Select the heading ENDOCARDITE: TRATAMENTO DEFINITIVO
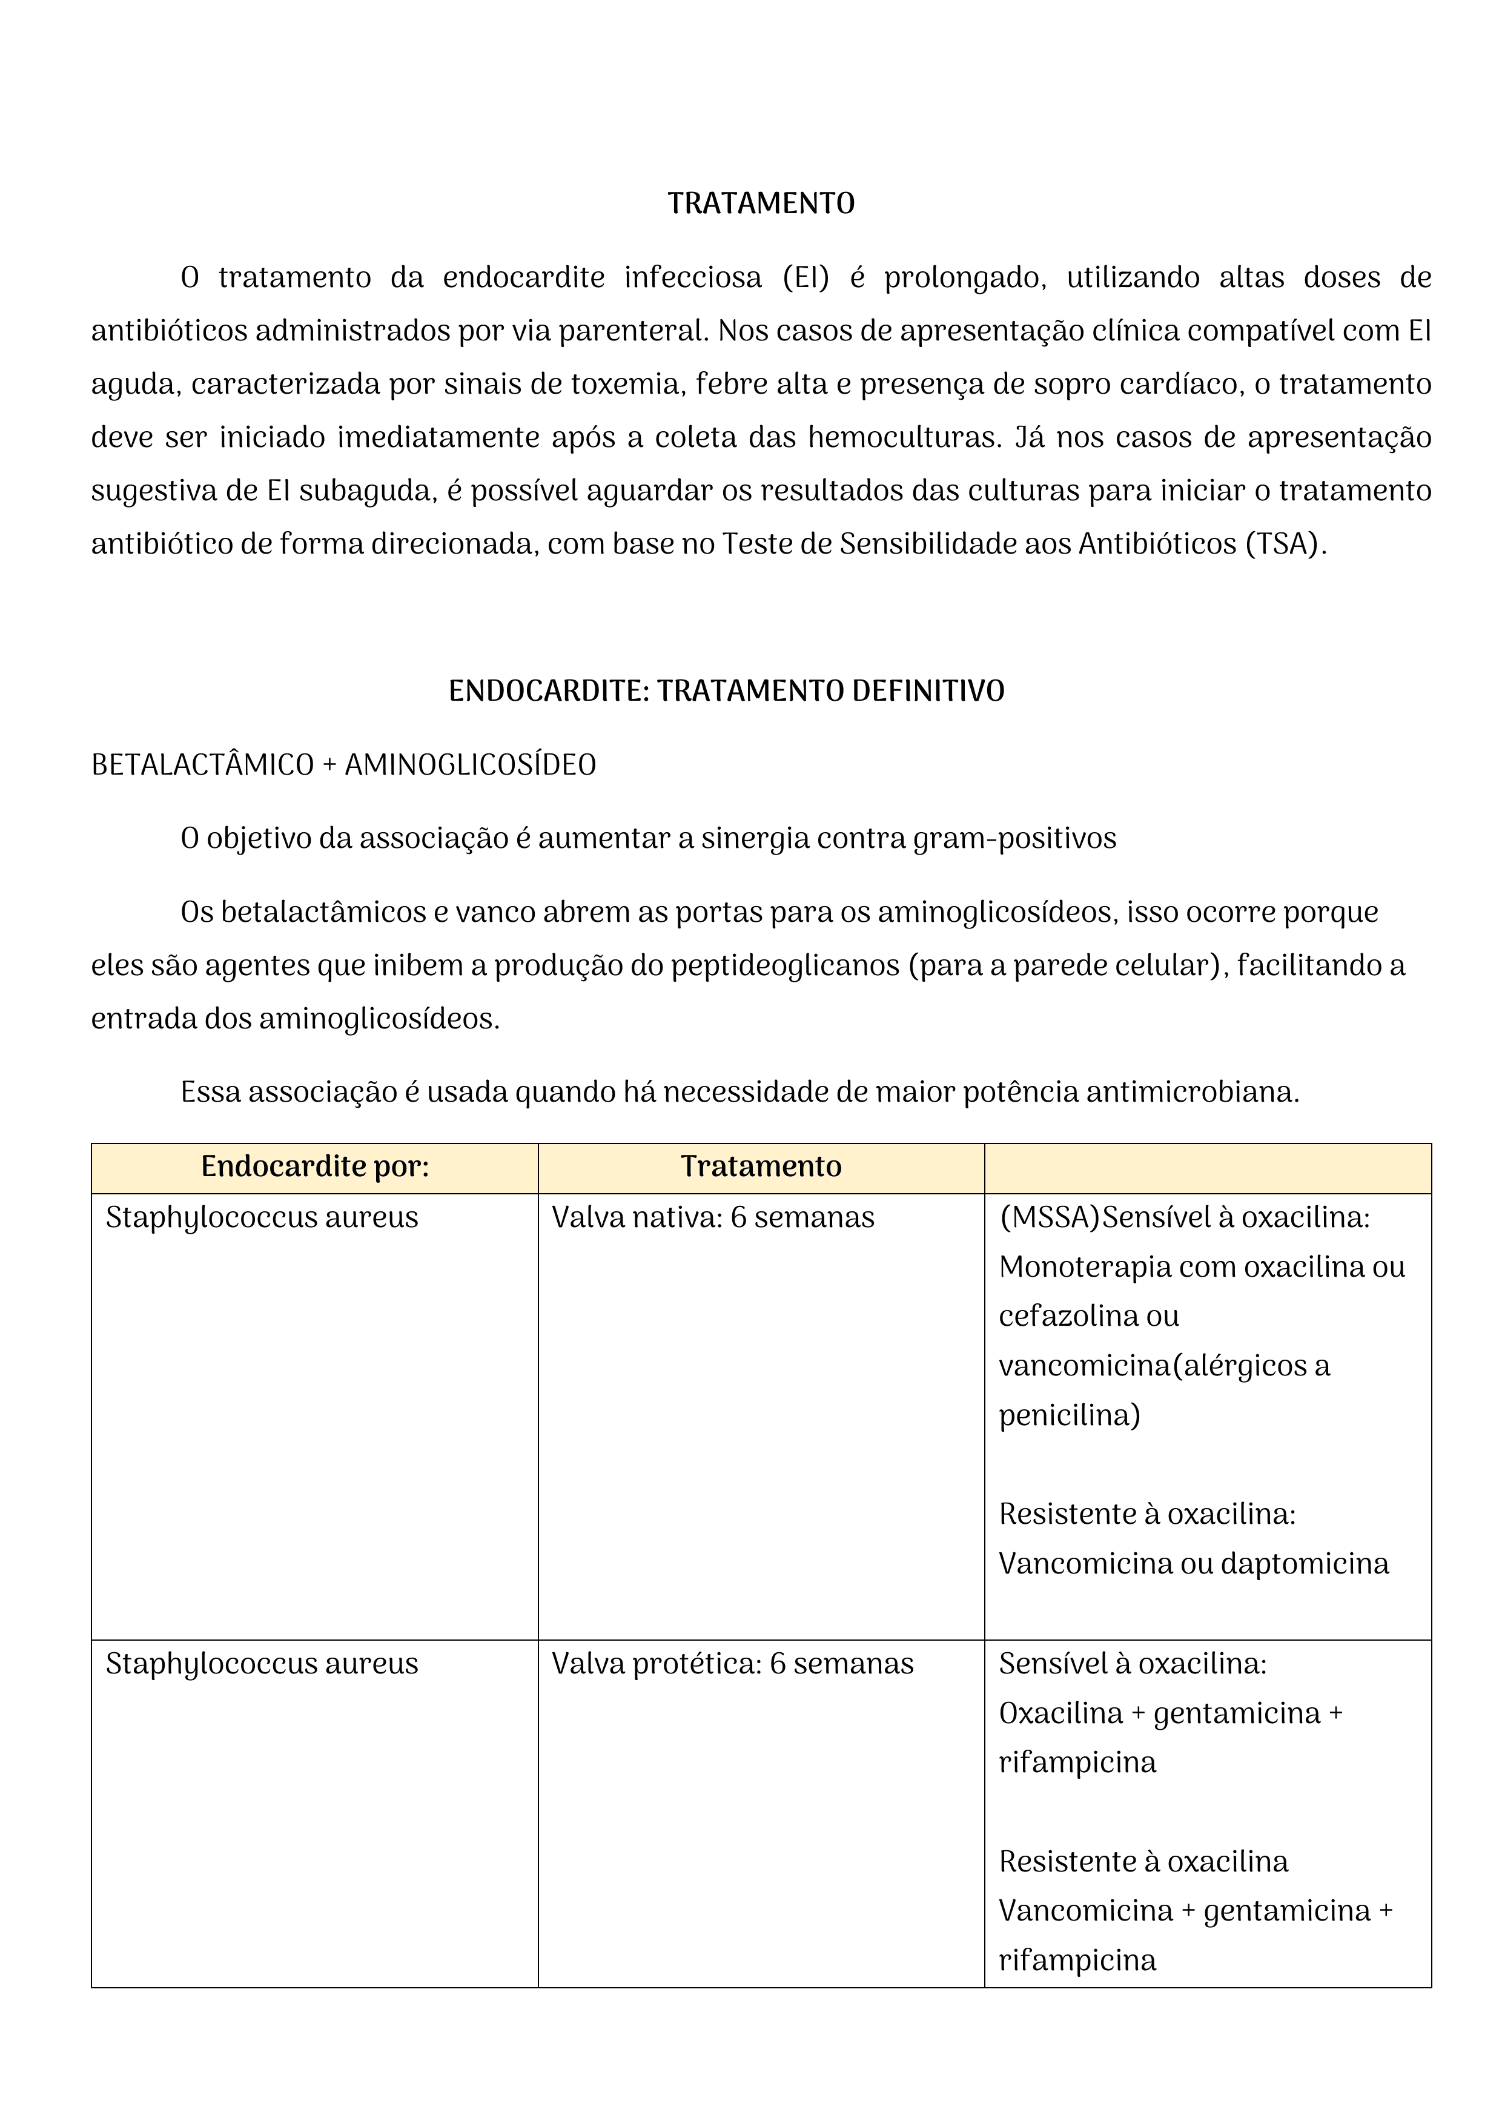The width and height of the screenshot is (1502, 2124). (726, 691)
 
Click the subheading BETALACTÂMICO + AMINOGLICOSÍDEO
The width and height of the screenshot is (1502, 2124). (343, 765)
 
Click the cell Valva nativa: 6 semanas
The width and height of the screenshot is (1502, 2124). (712, 1217)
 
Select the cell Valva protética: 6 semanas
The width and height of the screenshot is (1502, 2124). (732, 1664)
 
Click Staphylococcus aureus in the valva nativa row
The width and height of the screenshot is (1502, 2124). (262, 1217)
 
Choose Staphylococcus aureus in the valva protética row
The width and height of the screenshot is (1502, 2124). (262, 1664)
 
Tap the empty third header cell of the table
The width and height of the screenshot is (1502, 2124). (1207, 1168)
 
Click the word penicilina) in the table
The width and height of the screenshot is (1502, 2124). (1069, 1415)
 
